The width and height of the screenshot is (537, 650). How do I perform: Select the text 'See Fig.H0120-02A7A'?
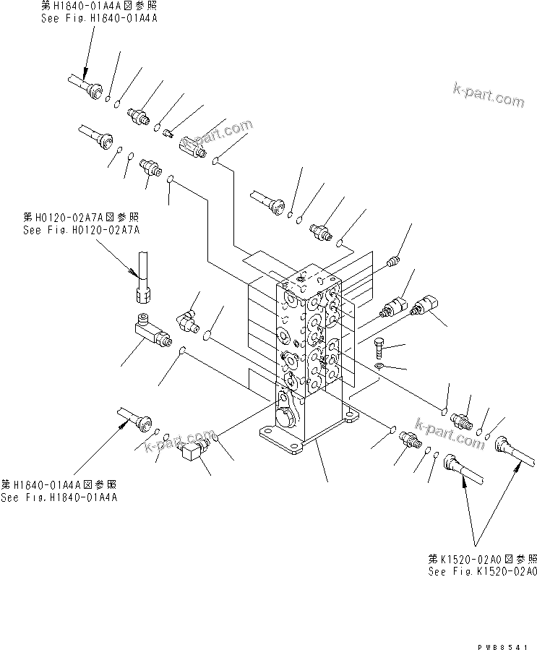(x=81, y=230)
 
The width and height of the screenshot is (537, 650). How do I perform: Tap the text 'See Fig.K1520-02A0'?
(x=482, y=572)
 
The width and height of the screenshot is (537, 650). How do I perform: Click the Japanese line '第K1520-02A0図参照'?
(x=482, y=560)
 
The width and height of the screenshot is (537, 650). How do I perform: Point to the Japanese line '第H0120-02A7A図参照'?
(x=81, y=217)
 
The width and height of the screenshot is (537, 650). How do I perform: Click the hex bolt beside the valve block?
(x=381, y=348)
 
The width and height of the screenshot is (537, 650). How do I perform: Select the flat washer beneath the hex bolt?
(x=381, y=367)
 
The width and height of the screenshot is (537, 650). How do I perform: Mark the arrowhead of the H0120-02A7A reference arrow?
(x=133, y=273)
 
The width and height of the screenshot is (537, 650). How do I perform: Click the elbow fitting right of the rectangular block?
(x=188, y=319)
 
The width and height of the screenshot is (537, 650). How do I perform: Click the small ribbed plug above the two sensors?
(x=394, y=260)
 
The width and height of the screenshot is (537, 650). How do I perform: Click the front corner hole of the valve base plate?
(x=293, y=450)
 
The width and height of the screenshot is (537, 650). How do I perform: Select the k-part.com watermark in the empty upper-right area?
(x=489, y=94)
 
